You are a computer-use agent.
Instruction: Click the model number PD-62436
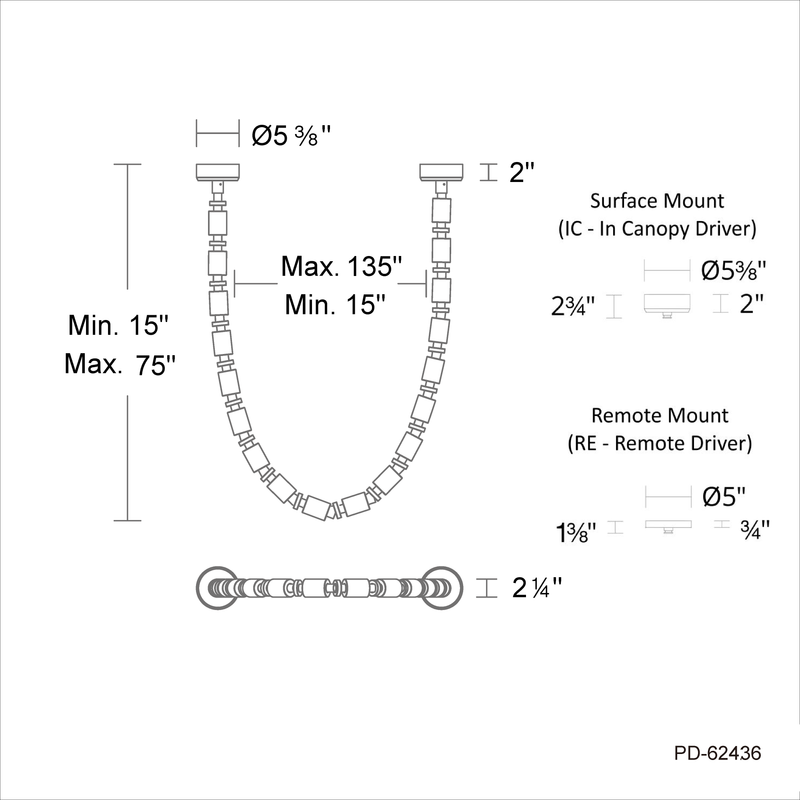click(x=717, y=753)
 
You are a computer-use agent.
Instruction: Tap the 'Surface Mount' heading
click(x=657, y=201)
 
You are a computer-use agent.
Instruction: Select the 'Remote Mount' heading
click(x=660, y=415)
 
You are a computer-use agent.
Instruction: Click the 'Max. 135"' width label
click(x=342, y=266)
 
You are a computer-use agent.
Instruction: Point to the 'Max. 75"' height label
click(x=120, y=364)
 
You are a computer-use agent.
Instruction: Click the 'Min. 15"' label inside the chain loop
click(x=335, y=305)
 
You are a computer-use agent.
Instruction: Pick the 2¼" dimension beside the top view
click(x=537, y=588)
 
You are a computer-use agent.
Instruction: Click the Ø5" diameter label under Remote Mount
click(x=724, y=496)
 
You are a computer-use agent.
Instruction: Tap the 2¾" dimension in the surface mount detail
click(x=573, y=306)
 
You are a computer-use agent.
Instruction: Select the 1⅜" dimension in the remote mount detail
click(x=576, y=533)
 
